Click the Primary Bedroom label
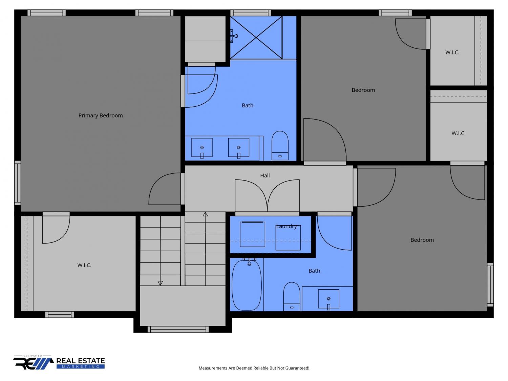click(x=101, y=115)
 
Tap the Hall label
click(x=265, y=175)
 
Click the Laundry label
click(x=286, y=226)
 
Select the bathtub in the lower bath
click(x=247, y=285)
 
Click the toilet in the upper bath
click(x=280, y=146)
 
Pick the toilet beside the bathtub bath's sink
click(x=292, y=297)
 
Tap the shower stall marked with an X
click(x=256, y=38)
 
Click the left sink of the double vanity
click(x=202, y=148)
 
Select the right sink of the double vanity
click(x=239, y=148)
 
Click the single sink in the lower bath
click(x=329, y=299)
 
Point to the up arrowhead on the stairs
click(x=205, y=214)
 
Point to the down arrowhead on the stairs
click(x=160, y=283)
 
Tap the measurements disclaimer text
click(x=254, y=368)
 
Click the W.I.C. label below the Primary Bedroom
click(x=84, y=265)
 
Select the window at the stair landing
click(x=178, y=329)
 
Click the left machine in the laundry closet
click(x=252, y=234)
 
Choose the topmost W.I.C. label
click(x=452, y=52)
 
